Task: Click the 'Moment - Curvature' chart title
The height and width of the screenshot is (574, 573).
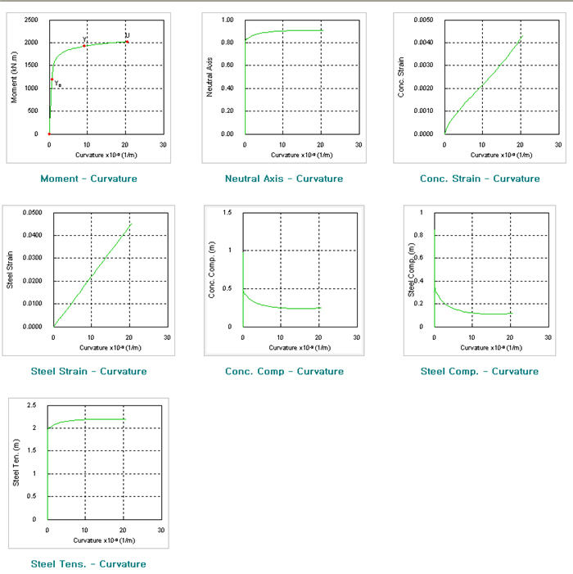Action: (x=88, y=179)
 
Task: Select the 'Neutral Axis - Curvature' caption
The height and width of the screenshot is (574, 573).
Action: (x=283, y=179)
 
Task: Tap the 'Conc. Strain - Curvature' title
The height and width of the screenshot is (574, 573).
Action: (x=479, y=179)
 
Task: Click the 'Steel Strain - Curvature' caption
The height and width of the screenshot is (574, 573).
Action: (x=88, y=371)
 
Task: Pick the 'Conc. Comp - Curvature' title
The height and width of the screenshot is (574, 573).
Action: (x=284, y=371)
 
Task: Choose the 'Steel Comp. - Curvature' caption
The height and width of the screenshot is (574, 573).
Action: (x=479, y=371)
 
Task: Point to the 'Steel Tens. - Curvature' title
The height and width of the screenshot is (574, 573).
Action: (x=88, y=563)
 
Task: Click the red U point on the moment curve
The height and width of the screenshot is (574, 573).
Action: (x=127, y=42)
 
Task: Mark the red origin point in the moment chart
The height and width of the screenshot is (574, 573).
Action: (x=49, y=133)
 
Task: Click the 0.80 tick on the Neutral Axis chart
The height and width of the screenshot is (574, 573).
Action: (x=227, y=42)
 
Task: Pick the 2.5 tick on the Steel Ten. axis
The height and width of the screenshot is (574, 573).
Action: (x=32, y=405)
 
